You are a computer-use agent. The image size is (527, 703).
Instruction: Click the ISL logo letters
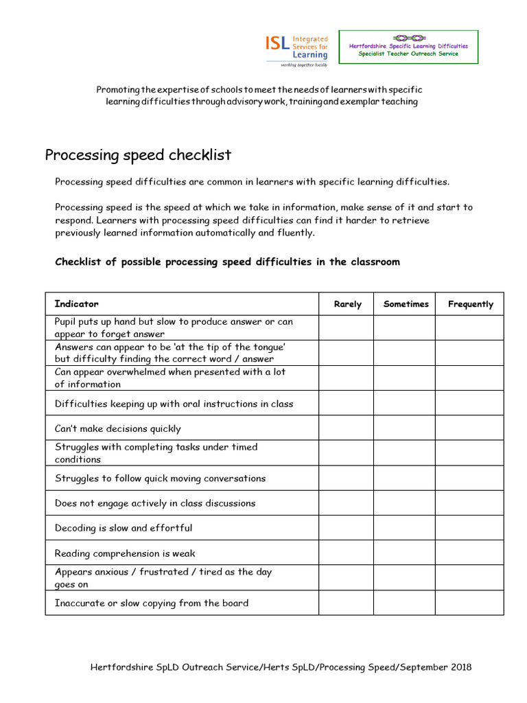point(277,44)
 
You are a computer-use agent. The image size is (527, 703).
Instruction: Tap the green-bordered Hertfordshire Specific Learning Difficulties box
point(408,47)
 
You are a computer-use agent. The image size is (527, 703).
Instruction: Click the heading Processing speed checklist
point(138,155)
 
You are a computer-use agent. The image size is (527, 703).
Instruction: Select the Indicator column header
point(77,303)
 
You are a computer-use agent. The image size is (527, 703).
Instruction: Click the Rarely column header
point(347,304)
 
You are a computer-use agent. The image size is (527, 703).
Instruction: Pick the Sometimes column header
point(406,304)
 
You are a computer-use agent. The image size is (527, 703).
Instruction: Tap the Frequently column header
point(470,304)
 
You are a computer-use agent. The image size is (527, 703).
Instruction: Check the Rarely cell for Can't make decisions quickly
point(347,428)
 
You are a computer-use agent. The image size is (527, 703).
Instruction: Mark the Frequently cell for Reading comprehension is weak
point(469,553)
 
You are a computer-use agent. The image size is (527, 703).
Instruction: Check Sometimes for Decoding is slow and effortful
point(405,528)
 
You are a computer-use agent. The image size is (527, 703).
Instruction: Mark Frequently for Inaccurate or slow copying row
point(469,603)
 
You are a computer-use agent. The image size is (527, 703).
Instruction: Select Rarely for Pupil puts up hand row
point(347,327)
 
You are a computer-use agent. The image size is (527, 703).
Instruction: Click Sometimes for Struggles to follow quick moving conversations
point(405,478)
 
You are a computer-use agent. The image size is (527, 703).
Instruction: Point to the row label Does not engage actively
point(155,503)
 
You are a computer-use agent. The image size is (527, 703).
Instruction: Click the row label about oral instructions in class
point(174,404)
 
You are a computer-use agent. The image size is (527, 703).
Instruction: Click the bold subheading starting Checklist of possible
point(227,262)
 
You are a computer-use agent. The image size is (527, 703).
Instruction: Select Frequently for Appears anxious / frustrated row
point(469,578)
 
